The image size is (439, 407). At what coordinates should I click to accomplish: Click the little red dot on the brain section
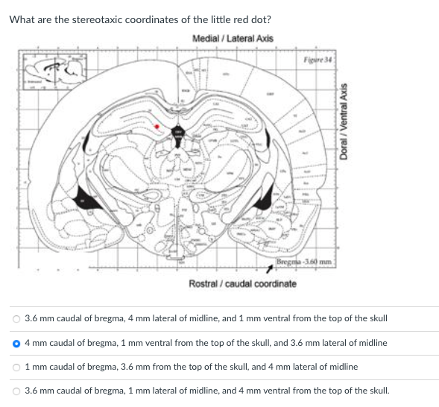(156, 127)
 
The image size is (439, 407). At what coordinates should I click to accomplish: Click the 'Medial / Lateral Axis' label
(233, 38)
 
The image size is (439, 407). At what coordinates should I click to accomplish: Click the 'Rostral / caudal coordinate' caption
(242, 284)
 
